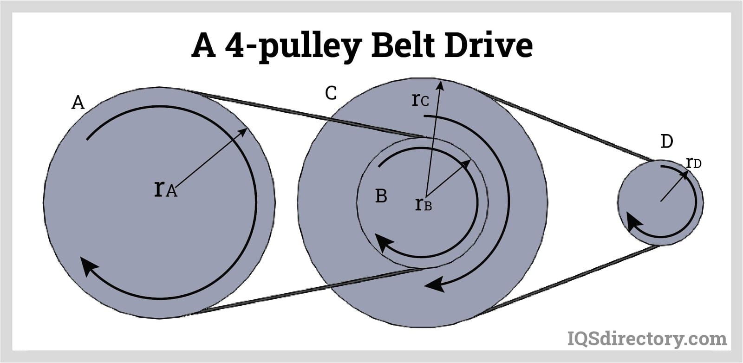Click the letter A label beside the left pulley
[78, 102]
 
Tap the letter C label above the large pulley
[331, 93]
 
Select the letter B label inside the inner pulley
[381, 196]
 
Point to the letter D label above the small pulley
[667, 141]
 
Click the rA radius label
[165, 189]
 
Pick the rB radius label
[423, 204]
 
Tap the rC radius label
[420, 100]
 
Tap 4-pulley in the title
[292, 46]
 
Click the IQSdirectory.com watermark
[647, 338]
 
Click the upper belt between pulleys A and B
[306, 115]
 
